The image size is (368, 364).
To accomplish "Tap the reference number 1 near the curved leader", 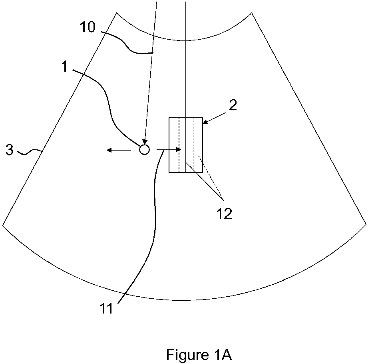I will pyautogui.click(x=65, y=67).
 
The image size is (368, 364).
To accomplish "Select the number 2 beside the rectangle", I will pyautogui.click(x=233, y=105).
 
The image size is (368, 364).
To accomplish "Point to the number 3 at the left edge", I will pyautogui.click(x=10, y=151).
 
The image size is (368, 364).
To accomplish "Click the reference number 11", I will pyautogui.click(x=107, y=309).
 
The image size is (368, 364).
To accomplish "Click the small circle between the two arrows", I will pyautogui.click(x=144, y=150).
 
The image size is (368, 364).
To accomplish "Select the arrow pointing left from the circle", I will pyautogui.click(x=118, y=150).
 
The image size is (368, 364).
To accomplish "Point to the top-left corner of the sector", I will pyautogui.click(x=117, y=13).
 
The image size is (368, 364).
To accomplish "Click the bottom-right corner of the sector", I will pyautogui.click(x=366, y=224).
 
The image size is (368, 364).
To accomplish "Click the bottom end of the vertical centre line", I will pyautogui.click(x=186, y=245).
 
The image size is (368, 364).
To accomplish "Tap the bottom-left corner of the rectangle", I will pyautogui.click(x=169, y=173).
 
